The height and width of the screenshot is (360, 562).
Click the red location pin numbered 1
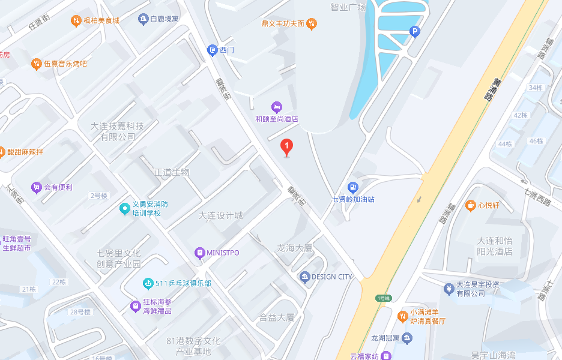287,146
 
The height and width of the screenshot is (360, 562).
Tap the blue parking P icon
414,32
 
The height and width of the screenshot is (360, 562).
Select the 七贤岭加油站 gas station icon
353,188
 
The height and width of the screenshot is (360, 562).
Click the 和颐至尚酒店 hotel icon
276,107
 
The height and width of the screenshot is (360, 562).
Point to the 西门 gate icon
212,50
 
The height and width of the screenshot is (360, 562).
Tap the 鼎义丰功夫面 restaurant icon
311,24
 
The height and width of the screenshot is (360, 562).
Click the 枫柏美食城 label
101,20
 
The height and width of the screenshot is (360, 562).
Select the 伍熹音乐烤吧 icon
36,64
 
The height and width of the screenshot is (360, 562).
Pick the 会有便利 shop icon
36,187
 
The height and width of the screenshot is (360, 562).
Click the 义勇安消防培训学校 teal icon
124,209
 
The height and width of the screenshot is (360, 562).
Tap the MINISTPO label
222,253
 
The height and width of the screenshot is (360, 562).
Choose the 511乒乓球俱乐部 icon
148,283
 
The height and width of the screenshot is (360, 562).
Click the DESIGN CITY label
331,277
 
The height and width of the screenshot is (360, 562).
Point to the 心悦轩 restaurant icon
471,205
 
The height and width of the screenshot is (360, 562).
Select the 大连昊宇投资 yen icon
448,289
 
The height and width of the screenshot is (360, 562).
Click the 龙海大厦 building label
294,248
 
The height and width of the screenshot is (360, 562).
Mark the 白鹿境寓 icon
143,19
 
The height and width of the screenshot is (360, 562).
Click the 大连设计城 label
221,215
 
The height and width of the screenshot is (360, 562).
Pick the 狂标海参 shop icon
136,307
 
